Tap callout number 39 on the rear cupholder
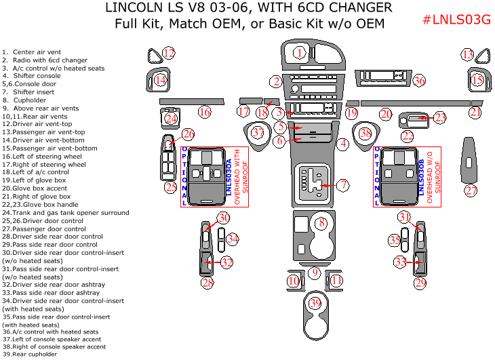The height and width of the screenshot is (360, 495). coord(314,304)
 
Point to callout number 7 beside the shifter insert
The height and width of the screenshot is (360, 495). coord(342,184)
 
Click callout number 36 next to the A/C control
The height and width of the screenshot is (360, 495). coord(419,81)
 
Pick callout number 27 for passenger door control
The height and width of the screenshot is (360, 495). coord(471,191)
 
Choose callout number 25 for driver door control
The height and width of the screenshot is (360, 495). coord(171,186)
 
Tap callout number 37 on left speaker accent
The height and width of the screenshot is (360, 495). coord(257,133)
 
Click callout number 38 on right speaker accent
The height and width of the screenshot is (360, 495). coord(365,134)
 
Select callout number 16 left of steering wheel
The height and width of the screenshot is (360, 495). coord(203,113)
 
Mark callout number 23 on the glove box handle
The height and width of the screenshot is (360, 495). coord(439,118)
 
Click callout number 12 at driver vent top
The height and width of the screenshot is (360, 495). coord(168,54)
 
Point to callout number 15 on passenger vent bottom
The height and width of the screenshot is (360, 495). coord(477,81)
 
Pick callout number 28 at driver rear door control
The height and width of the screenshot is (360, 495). coord(207,282)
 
